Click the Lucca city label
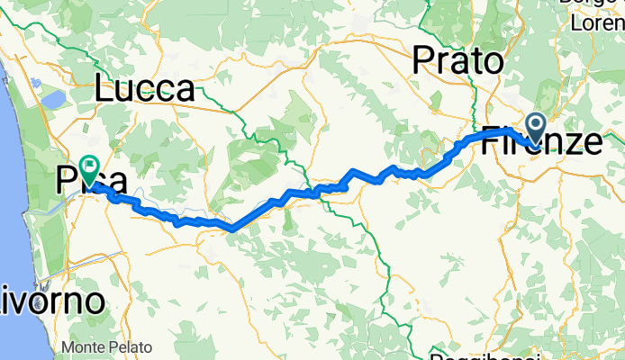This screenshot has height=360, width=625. [145, 89]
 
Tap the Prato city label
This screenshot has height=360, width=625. [457, 61]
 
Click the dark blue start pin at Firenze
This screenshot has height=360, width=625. [536, 128]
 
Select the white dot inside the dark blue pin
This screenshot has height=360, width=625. [536, 124]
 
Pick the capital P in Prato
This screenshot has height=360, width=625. [422, 61]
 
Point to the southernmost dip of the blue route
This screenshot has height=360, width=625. [232, 229]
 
